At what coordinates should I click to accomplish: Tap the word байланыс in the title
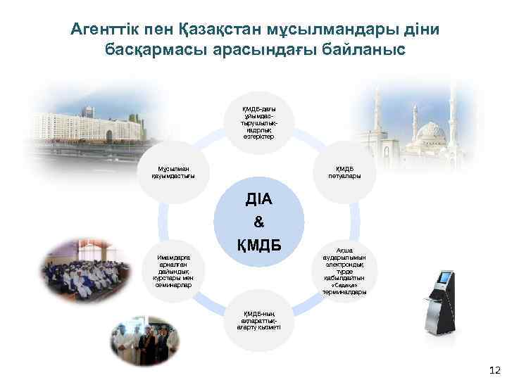(366, 51)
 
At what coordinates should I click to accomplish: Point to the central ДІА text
(258, 198)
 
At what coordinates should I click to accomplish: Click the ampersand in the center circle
(258, 222)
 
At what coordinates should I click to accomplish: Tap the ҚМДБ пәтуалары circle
(344, 172)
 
